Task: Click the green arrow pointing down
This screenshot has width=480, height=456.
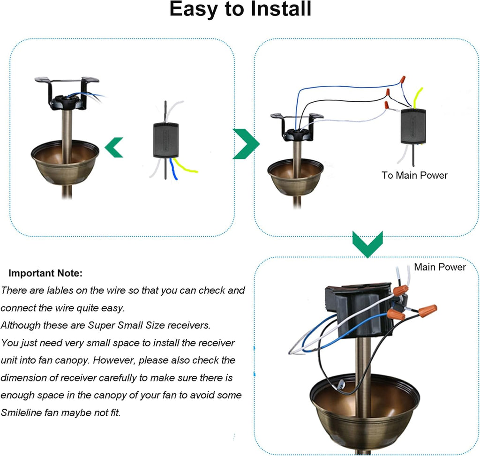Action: click(x=367, y=243)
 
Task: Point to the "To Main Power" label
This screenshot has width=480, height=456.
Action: click(x=414, y=175)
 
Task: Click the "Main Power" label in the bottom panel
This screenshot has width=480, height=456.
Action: click(x=440, y=267)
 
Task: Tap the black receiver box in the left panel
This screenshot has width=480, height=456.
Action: click(x=166, y=140)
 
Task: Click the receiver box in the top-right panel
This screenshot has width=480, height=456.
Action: click(x=412, y=126)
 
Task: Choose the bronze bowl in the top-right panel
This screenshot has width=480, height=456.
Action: click(x=295, y=177)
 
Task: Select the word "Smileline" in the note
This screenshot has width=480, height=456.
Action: click(x=24, y=413)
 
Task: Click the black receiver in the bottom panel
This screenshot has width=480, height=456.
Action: click(x=358, y=310)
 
